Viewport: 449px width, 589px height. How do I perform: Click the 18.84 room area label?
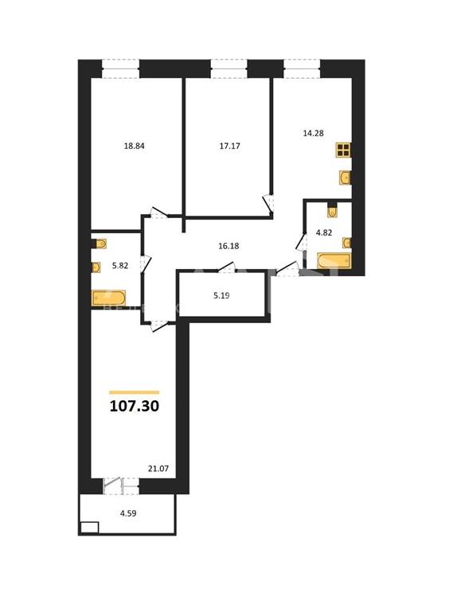point(134,146)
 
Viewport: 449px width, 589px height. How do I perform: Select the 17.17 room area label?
point(229,146)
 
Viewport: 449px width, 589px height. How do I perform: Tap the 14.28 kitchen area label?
point(314,133)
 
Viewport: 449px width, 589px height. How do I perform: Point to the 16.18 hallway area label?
point(228,246)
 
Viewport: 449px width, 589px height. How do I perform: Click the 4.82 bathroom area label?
point(324,232)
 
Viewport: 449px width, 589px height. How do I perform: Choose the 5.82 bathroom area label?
point(120,266)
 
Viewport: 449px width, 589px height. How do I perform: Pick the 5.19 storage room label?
point(221,295)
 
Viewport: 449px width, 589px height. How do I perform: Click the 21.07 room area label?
point(158,469)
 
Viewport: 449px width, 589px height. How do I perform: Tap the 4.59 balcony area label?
point(128,513)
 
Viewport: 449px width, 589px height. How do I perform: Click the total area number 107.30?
point(135,406)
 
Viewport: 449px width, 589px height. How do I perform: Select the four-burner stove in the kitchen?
point(343,150)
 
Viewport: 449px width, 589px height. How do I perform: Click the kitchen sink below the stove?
point(345,177)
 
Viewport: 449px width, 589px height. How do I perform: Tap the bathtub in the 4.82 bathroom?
point(334,261)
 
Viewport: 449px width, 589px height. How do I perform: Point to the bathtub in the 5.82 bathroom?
point(108,298)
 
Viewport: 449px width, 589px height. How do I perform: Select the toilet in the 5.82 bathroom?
point(100,244)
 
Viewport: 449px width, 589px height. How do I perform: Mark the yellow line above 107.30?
point(134,392)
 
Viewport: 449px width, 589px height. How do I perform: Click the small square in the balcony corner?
point(89,528)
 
